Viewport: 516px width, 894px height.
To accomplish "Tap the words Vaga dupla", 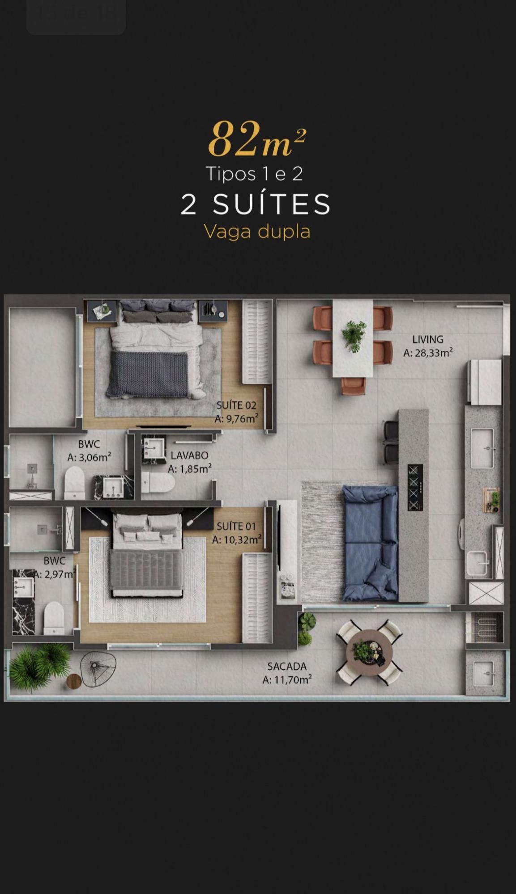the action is pos(257,232).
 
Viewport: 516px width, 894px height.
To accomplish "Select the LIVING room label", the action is pos(428,339).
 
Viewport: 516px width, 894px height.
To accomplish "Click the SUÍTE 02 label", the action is pos(236,405).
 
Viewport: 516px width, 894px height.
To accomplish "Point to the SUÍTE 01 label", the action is pos(237,527).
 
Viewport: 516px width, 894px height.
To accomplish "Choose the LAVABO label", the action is pos(189,455).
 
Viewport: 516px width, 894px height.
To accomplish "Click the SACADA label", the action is pos(287,666).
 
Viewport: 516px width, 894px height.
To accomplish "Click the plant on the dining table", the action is pos(354,335).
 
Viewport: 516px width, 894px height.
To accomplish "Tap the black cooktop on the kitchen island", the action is pos(414,487).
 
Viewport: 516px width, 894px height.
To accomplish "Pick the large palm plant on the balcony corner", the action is pos(39,666).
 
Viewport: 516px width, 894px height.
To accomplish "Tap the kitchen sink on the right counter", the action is pos(482,448).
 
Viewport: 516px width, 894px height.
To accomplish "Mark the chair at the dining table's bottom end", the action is pos(354,386).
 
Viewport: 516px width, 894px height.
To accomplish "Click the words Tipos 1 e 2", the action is pos(254,174).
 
